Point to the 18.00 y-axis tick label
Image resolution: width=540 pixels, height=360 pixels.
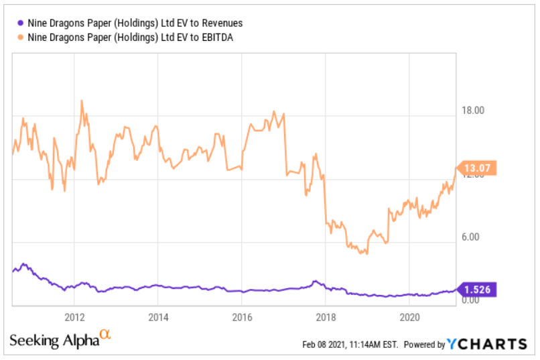tap(470, 110)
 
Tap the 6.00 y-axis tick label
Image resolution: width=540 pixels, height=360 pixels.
tap(472, 237)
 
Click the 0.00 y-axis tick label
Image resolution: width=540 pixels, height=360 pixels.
tap(472, 300)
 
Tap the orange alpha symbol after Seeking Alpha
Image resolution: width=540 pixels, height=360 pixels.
tap(105, 335)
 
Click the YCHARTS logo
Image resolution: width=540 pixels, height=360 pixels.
tap(487, 345)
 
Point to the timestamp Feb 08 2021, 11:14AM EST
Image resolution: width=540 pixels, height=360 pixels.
tap(350, 345)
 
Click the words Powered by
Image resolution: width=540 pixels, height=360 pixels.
tap(424, 345)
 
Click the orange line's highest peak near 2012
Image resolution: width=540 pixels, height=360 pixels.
tap(82, 101)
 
